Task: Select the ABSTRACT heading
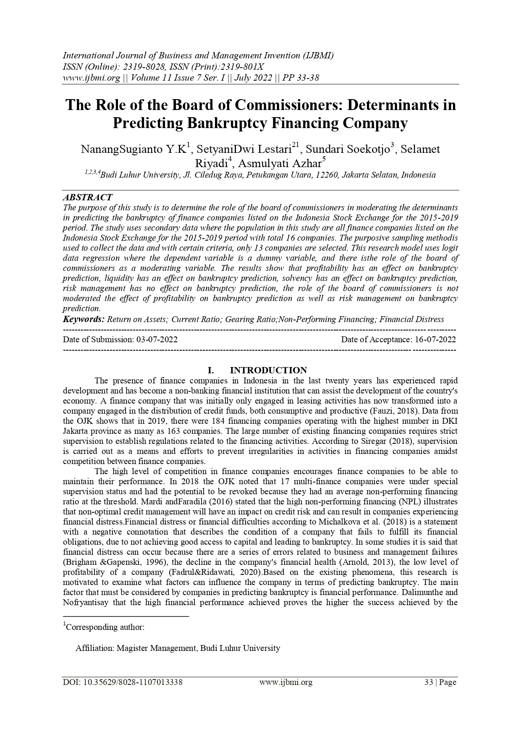pyautogui.click(x=87, y=197)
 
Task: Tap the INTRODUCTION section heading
pyautogui.click(x=268, y=370)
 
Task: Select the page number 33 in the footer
pyautogui.click(x=429, y=682)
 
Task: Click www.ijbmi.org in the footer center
pyautogui.click(x=286, y=682)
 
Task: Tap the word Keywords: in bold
pyautogui.click(x=84, y=319)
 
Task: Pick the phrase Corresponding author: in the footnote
pyautogui.click(x=105, y=627)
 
